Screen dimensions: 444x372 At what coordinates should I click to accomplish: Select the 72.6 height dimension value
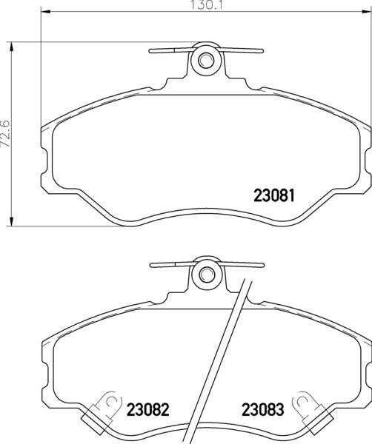6,135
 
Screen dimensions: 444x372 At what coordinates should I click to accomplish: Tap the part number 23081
275,197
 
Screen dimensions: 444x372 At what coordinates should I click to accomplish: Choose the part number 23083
261,409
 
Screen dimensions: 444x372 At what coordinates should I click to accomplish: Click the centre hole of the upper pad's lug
205,60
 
